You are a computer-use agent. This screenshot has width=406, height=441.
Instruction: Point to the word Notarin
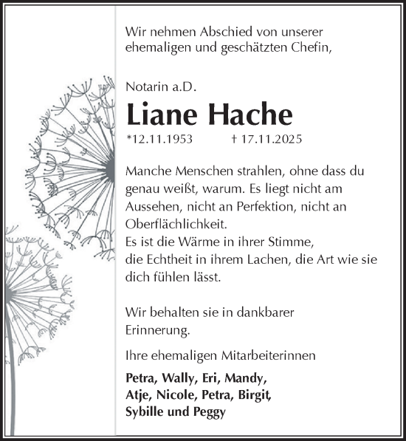click(146, 87)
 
